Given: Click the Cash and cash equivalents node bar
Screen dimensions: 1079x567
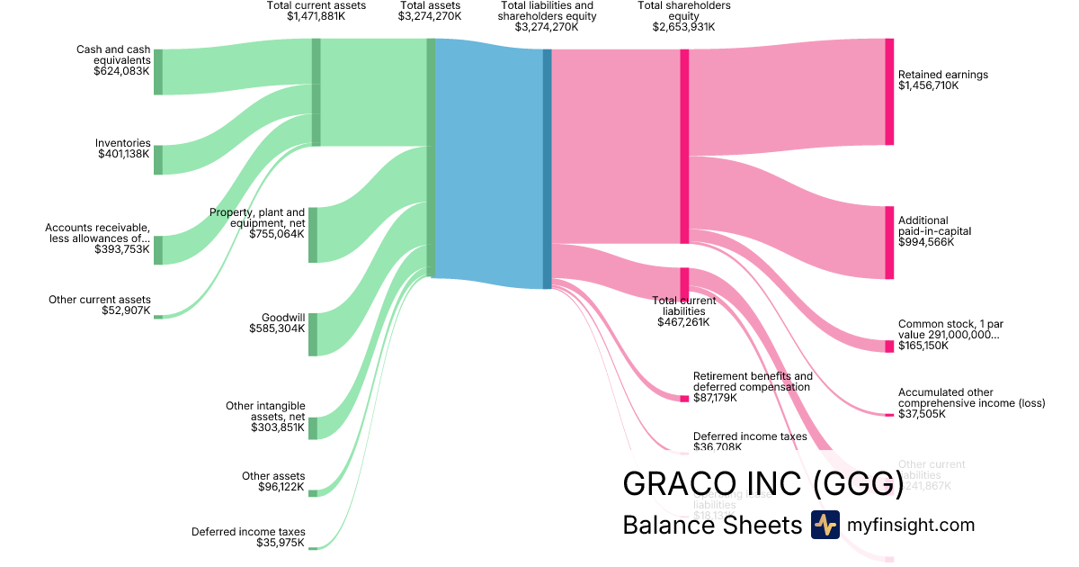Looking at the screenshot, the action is click(158, 72).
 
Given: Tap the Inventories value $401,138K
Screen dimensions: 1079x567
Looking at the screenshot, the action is click(124, 154).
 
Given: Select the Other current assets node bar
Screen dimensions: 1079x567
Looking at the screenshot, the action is click(158, 317).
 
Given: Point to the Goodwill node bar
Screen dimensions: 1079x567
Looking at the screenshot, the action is click(313, 335).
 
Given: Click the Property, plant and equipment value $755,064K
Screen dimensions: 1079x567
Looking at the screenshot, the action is click(280, 234).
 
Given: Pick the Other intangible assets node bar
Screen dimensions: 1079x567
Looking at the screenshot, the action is click(313, 428).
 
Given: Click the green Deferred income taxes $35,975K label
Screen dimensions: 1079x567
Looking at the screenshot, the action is click(248, 537).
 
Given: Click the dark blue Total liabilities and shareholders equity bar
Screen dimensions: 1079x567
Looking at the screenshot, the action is click(547, 168).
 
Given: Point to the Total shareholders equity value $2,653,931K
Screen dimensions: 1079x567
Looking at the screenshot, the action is click(683, 27).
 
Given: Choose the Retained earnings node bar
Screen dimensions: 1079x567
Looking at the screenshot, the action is click(889, 92).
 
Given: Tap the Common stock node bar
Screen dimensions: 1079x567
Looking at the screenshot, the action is click(889, 346).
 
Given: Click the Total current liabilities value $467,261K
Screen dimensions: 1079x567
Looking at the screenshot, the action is click(683, 321).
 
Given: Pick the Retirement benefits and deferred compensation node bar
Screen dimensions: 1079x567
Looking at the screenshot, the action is click(684, 398).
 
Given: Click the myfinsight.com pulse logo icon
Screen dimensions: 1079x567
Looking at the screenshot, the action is click(825, 525).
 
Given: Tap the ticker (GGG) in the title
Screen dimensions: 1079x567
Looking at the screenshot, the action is click(858, 483).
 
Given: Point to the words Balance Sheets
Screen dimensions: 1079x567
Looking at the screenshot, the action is click(711, 525).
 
